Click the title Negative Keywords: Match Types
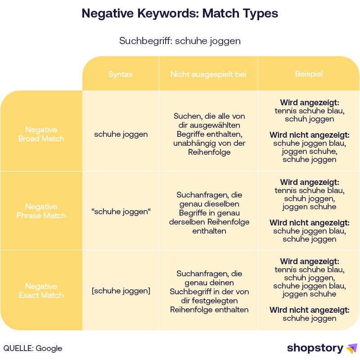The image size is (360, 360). [180, 13]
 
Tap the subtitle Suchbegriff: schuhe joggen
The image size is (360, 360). [180, 41]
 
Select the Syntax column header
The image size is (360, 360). [121, 74]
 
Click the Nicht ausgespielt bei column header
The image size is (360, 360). [208, 74]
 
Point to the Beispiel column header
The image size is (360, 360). [309, 74]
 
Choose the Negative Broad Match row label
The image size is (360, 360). [41, 134]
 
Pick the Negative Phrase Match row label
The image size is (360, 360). [41, 211]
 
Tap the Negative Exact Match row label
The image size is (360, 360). [41, 291]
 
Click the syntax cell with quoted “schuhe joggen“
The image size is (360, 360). [121, 211]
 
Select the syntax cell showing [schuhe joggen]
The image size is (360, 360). [121, 291]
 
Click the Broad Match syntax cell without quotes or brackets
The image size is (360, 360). [121, 134]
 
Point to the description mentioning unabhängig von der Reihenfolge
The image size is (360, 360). [208, 134]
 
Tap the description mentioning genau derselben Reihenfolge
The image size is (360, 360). [208, 213]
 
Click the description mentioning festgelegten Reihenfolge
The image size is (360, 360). [208, 291]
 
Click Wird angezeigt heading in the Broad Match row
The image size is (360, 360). [309, 102]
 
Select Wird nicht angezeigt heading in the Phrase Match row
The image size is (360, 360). [309, 222]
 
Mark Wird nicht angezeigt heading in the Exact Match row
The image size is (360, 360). [309, 310]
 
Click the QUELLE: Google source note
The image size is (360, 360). [33, 348]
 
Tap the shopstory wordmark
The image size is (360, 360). [315, 348]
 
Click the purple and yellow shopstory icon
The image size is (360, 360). [351, 348]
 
